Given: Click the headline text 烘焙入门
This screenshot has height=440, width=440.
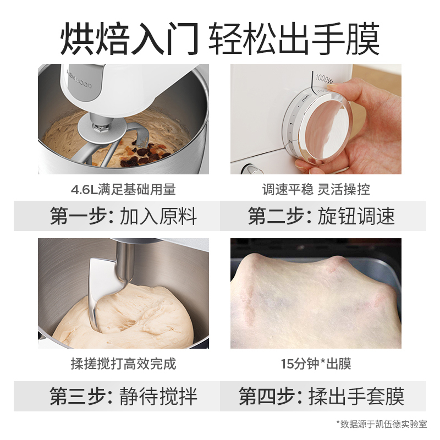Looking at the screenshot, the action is click(130, 38).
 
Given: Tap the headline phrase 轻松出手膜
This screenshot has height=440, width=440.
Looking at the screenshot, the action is click(294, 38).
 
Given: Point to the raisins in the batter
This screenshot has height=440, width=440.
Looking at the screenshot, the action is click(142, 155).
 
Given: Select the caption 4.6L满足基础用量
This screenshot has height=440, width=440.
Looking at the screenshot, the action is click(123, 189).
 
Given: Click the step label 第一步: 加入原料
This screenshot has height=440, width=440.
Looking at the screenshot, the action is click(123, 216).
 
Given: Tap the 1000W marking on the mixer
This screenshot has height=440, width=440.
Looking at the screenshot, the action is click(324, 78).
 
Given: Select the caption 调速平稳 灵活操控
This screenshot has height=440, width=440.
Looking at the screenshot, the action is click(316, 189).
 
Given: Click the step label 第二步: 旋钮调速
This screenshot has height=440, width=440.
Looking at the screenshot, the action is click(321, 216).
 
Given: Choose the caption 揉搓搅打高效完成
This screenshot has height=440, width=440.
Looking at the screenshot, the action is click(123, 364).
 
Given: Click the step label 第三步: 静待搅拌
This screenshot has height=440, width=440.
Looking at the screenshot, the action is click(123, 396).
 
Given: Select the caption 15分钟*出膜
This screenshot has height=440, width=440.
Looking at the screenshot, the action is click(316, 364).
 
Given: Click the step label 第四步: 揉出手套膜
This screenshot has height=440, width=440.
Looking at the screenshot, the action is click(321, 396).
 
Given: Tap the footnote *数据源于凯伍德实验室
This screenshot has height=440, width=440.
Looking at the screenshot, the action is click(382, 424).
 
